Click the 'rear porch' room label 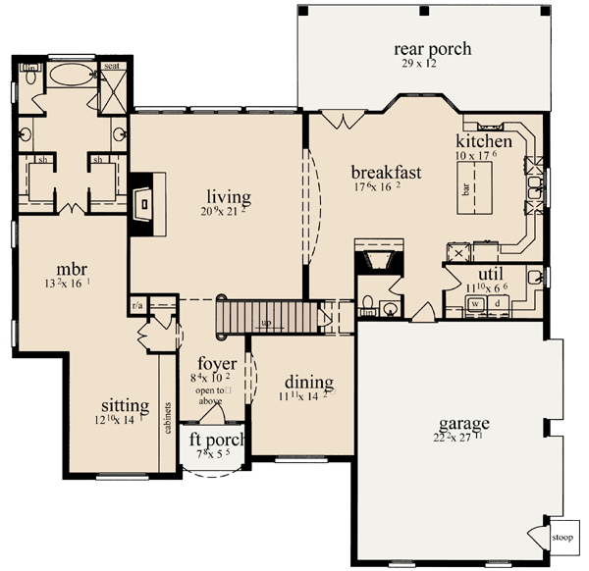coord(433,49)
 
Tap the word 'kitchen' coord(485,143)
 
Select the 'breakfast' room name coord(387,173)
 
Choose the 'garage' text coord(465,423)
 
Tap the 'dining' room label coord(309,382)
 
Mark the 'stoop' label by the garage coord(562,537)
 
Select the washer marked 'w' coord(474,305)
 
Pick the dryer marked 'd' coord(498,305)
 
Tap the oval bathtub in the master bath coord(69,75)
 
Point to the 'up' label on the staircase coord(266,323)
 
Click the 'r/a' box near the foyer coord(137,304)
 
